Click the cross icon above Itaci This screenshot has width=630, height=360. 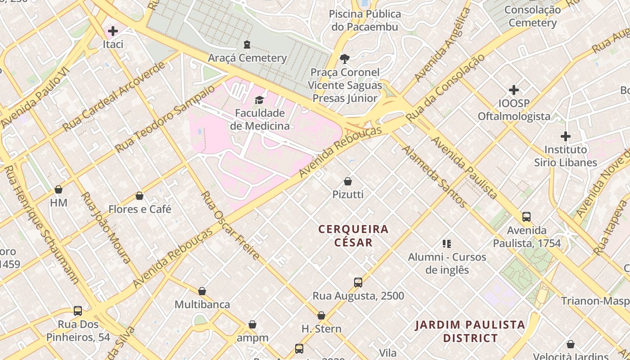(x=113, y=31)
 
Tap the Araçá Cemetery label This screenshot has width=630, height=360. (x=247, y=58)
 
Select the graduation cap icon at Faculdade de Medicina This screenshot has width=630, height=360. (x=259, y=99)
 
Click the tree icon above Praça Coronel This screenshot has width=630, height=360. (x=345, y=58)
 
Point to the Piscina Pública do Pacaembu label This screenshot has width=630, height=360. (x=364, y=20)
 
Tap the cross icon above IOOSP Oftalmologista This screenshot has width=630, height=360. (x=513, y=90)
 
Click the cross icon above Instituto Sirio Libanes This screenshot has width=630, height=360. (x=565, y=136)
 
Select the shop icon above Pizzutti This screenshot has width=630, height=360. (x=347, y=181)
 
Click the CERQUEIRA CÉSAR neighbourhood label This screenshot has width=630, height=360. (x=353, y=236)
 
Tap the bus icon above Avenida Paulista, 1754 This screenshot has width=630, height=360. (x=526, y=217)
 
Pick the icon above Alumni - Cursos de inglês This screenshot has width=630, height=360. (x=447, y=244)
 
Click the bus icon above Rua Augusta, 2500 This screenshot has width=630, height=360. (x=358, y=283)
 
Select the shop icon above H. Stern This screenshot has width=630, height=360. (x=321, y=315)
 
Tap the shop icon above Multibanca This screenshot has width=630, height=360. (x=202, y=291)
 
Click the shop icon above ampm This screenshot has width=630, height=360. (x=252, y=324)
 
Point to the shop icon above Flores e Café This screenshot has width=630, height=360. (x=139, y=196)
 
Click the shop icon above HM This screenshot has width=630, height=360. (x=58, y=189)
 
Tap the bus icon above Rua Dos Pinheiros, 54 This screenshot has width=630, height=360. (x=78, y=311)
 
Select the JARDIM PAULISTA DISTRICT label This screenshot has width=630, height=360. (x=470, y=331)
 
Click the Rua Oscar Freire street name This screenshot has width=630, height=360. (x=230, y=225)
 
